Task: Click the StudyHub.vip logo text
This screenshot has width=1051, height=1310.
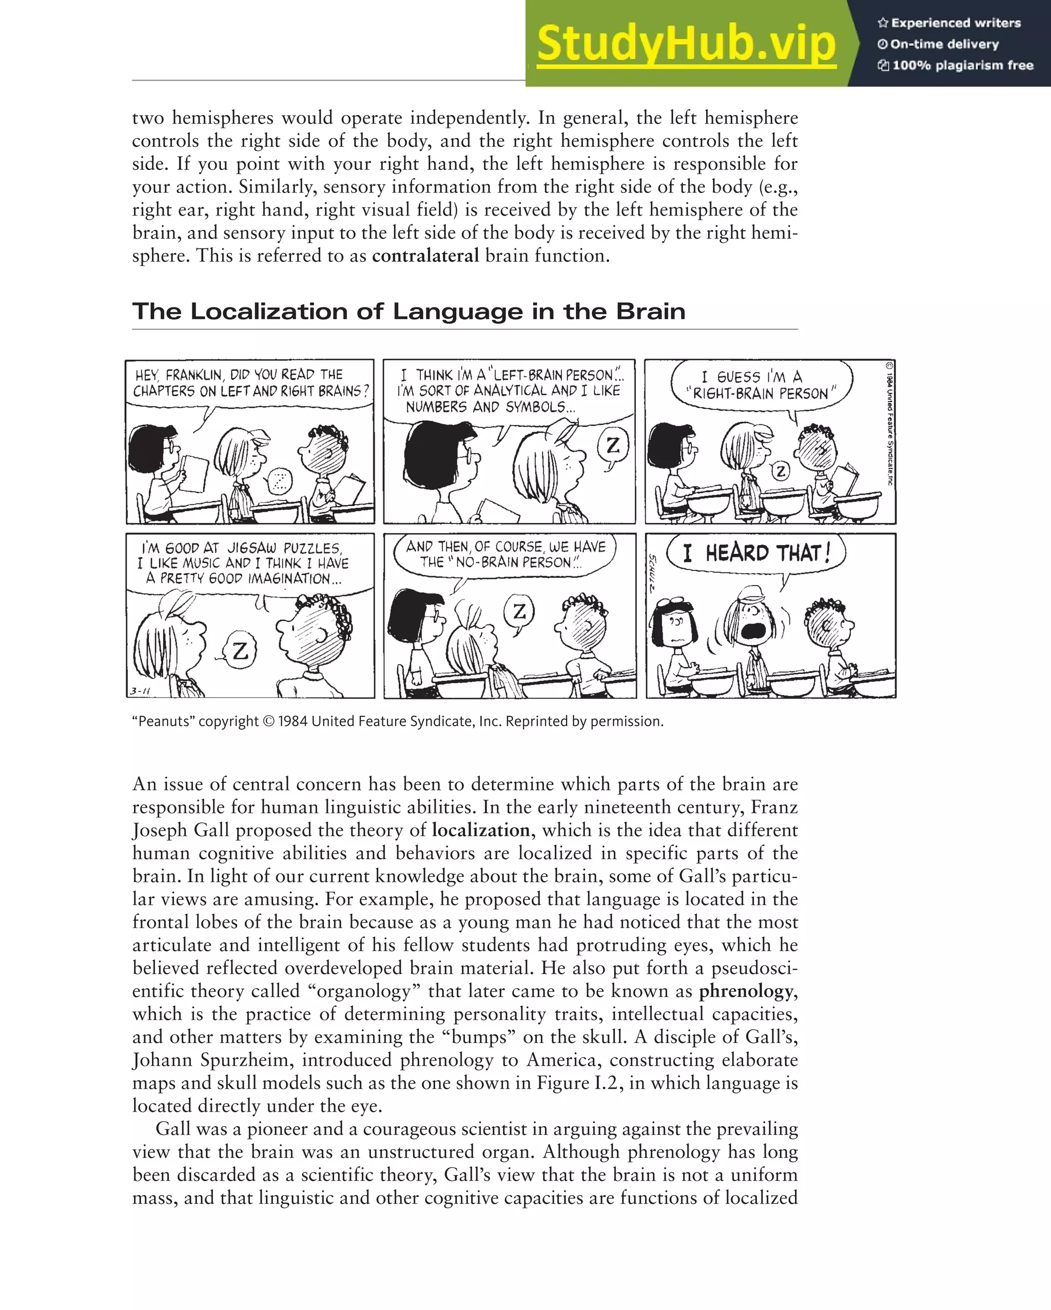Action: (x=686, y=43)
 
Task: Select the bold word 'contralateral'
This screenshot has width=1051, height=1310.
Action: (x=425, y=256)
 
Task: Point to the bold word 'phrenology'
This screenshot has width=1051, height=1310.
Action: (x=746, y=991)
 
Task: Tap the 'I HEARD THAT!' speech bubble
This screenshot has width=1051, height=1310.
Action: (x=756, y=553)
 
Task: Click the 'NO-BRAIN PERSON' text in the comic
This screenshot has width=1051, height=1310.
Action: (x=513, y=563)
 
